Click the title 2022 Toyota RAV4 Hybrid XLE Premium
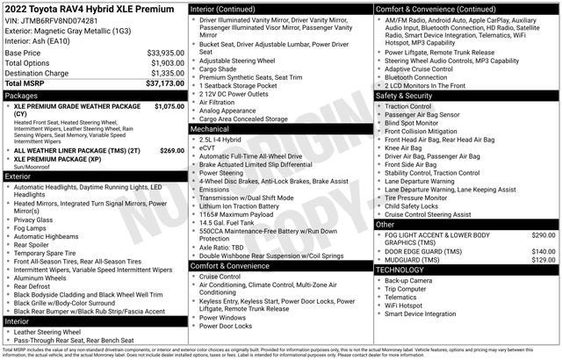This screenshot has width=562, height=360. (91, 9)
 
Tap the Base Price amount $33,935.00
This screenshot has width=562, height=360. (165, 53)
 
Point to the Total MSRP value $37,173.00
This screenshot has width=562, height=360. (165, 83)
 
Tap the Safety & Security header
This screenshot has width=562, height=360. (409, 95)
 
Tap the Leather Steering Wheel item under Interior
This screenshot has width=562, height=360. (53, 332)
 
